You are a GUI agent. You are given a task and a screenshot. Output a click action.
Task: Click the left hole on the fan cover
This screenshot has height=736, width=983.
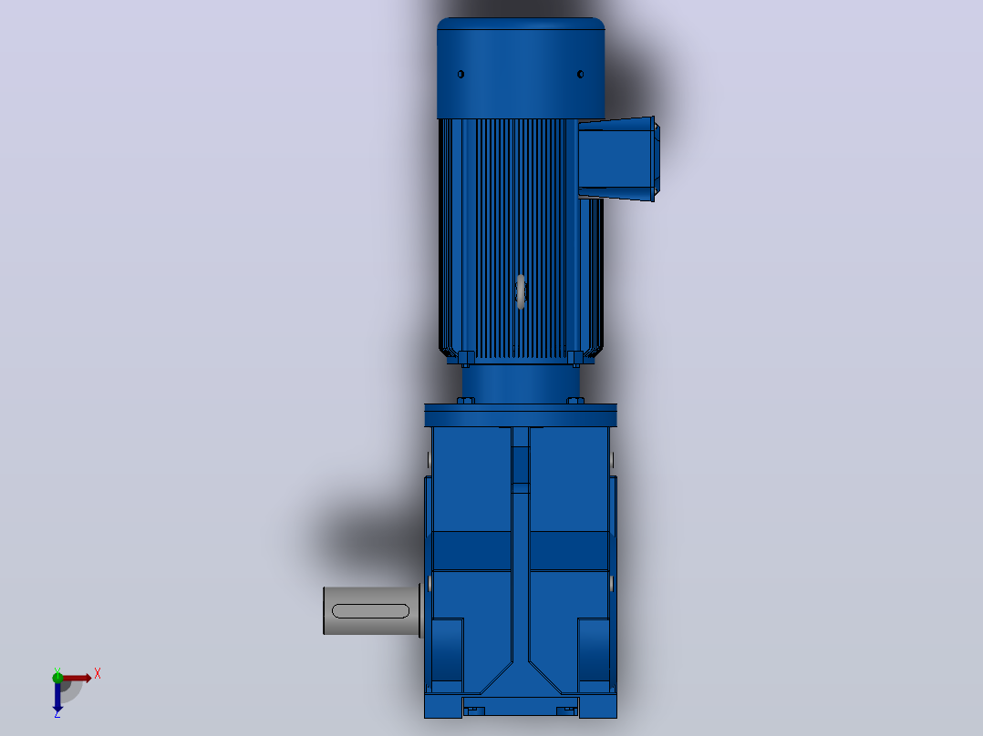pos(460,75)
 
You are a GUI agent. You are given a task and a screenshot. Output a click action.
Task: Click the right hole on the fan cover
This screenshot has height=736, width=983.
pos(581,75)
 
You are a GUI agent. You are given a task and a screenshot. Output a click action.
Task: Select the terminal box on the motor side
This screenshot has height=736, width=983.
pos(618,159)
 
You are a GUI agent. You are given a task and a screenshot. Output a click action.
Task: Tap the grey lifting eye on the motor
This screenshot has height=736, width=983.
pos(521,291)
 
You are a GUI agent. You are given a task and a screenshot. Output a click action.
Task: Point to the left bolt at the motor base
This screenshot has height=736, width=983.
pos(467,359)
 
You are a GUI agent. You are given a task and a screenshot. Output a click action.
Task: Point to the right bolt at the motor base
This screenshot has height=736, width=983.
pos(575,359)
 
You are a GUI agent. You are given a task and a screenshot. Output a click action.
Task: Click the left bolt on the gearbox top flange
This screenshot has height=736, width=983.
pos(466,401)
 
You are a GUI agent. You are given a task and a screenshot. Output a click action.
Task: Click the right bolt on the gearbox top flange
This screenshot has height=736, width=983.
pos(575,401)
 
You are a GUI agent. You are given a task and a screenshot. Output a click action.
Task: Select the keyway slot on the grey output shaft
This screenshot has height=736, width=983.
pos(370,610)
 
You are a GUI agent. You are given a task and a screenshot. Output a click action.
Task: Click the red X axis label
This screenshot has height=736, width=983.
pos(98,674)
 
